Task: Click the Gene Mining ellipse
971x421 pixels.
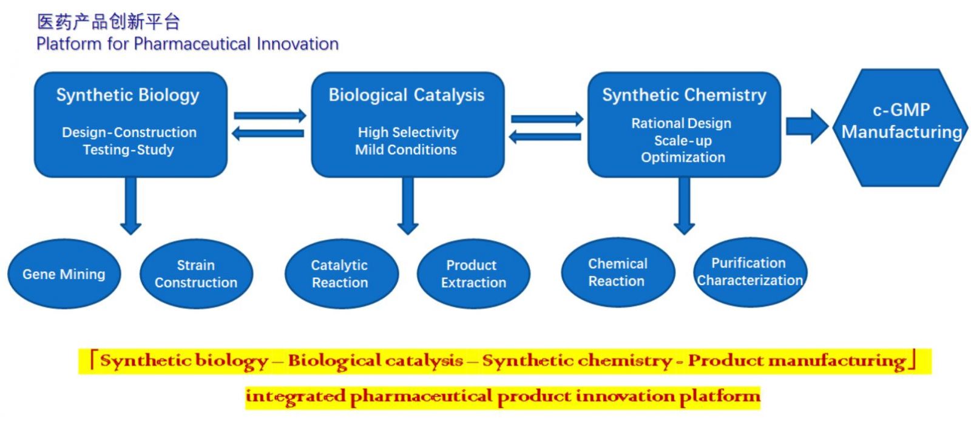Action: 64,274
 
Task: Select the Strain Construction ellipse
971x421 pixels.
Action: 197,274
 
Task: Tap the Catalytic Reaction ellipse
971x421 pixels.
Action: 342,274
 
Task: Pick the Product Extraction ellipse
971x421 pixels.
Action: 473,274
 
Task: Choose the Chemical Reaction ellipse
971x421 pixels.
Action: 618,272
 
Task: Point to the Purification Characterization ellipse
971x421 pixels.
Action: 750,272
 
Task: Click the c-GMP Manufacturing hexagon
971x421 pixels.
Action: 901,128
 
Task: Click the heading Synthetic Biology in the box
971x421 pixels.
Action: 128,95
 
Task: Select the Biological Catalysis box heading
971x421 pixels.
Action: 407,95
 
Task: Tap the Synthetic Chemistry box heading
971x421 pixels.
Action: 685,95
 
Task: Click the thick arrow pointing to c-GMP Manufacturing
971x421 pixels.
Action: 807,126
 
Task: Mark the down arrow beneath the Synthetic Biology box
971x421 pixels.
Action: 130,206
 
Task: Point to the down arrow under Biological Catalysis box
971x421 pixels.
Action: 407,206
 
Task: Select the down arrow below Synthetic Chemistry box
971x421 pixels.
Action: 685,206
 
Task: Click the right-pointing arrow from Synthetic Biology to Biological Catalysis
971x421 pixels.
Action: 270,116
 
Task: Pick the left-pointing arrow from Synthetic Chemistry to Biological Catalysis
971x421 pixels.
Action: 546,137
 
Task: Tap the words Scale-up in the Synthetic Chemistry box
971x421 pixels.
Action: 683,141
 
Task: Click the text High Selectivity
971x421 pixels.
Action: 408,132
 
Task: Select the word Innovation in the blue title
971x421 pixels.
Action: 297,44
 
